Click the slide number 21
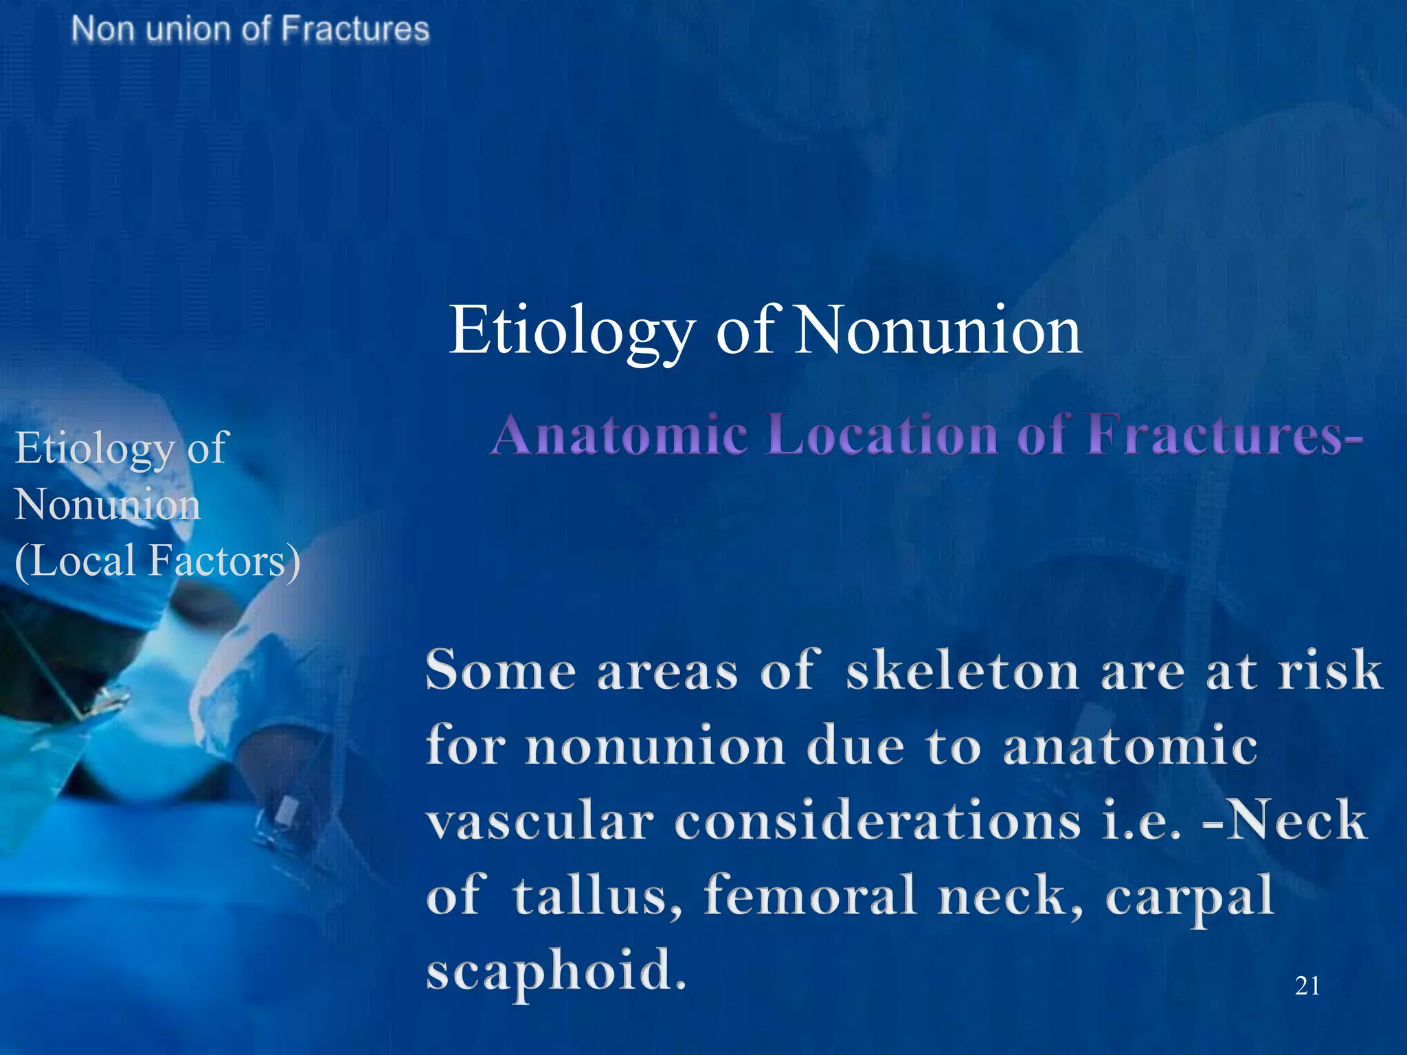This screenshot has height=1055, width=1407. click(1307, 986)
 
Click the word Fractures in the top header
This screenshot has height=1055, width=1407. click(355, 30)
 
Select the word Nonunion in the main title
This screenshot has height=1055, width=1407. click(938, 331)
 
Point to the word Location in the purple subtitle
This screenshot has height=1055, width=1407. click(881, 435)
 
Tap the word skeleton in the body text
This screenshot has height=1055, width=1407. click(962, 670)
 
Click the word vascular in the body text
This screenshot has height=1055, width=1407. click(539, 820)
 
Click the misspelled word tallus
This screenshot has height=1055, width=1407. click(598, 896)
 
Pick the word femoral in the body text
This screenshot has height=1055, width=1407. click(811, 896)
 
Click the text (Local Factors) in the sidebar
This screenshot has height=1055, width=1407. click(157, 560)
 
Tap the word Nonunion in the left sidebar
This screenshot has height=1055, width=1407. click(108, 504)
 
